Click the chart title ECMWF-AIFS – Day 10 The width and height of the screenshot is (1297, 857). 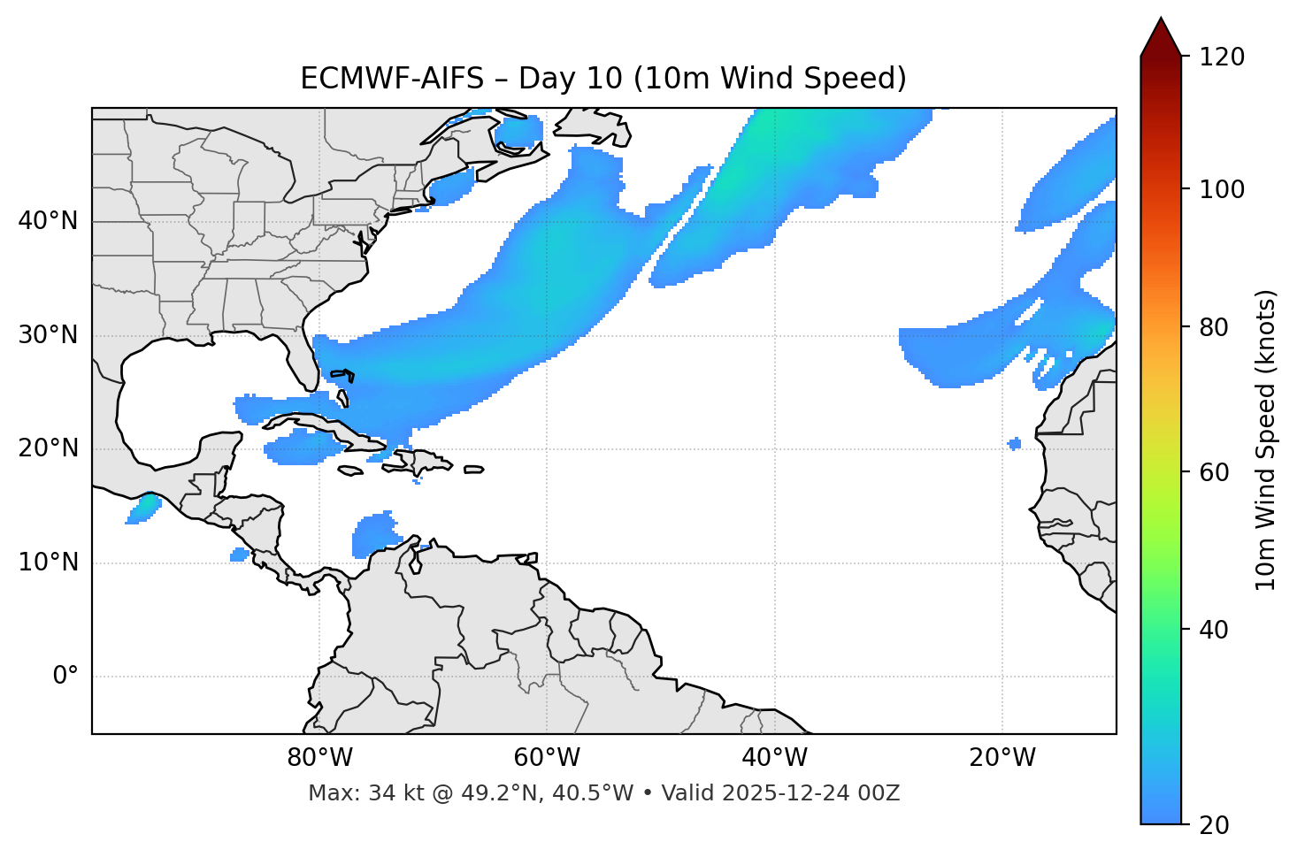tap(603, 79)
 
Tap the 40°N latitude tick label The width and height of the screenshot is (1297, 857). tap(48, 221)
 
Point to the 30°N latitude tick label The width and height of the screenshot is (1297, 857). tap(48, 335)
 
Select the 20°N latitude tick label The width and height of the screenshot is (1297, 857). tap(48, 448)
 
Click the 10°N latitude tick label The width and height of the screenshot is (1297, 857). tap(48, 562)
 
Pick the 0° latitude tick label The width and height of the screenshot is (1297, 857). tap(65, 677)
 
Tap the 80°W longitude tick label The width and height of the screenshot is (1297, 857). tap(319, 758)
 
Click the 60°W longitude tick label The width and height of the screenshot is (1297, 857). tap(547, 758)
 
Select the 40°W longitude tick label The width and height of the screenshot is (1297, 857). tap(774, 758)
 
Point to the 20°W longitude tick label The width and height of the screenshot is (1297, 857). tap(1002, 758)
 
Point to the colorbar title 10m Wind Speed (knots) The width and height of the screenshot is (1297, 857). tap(1266, 440)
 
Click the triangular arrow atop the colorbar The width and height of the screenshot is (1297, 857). tap(1161, 38)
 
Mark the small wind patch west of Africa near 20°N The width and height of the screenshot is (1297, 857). tap(1014, 443)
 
